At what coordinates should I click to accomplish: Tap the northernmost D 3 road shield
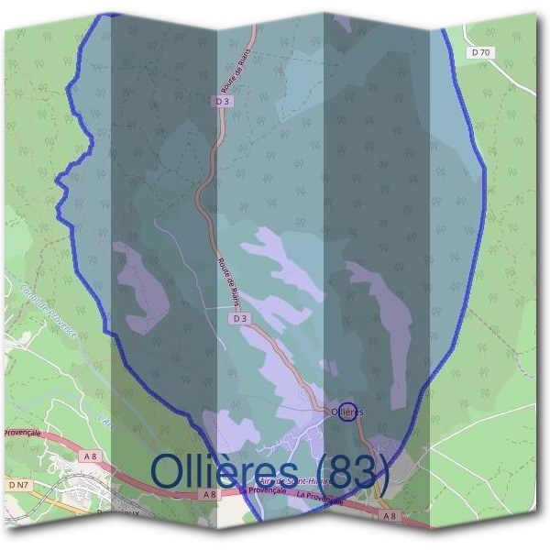point(223,103)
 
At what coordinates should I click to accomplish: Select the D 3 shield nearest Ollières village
point(238,318)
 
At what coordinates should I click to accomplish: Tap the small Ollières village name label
point(346,412)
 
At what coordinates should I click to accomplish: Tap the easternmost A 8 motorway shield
point(390,515)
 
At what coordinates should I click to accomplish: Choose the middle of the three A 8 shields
point(210,494)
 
